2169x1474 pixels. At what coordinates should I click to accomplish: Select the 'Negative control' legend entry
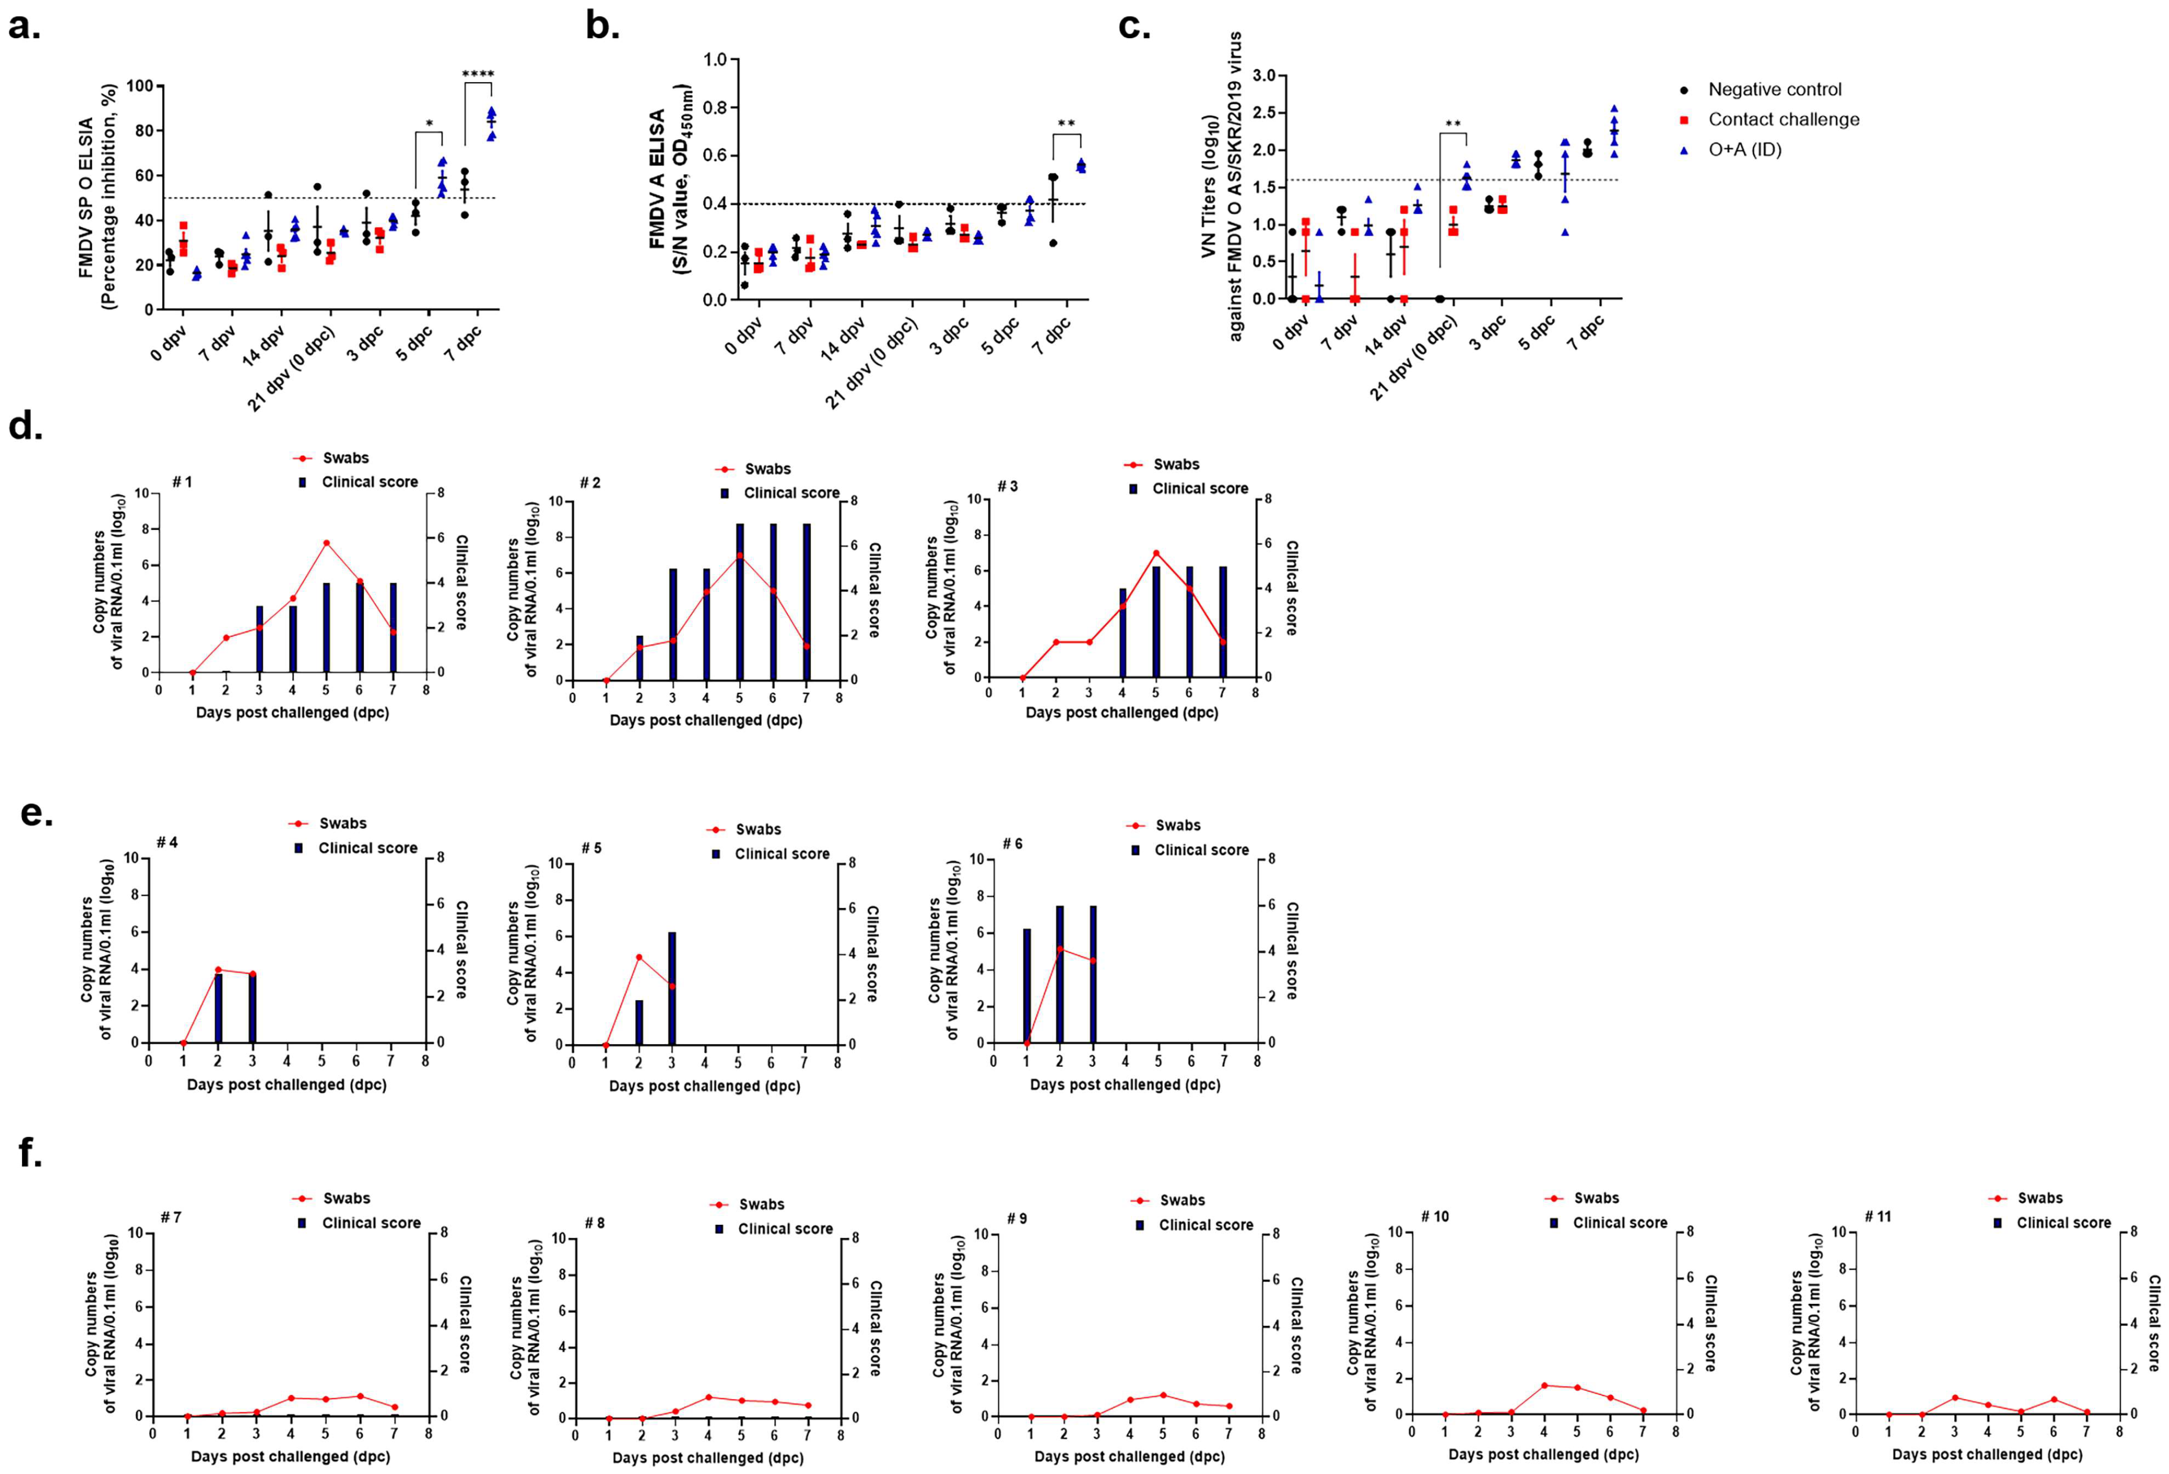(x=1773, y=90)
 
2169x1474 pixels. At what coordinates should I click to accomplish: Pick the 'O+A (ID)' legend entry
(x=1743, y=149)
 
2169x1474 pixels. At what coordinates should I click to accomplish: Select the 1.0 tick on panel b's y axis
(x=715, y=60)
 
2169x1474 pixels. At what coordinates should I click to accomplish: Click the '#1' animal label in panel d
(x=182, y=482)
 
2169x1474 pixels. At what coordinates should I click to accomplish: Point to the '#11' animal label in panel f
(x=1877, y=1216)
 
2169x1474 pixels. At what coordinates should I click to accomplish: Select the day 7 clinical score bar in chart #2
(x=806, y=602)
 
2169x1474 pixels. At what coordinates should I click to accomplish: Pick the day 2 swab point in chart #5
(x=638, y=957)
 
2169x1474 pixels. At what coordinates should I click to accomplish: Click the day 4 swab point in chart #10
(x=1544, y=1386)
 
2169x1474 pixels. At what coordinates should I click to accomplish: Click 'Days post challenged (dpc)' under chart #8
(x=707, y=1457)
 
